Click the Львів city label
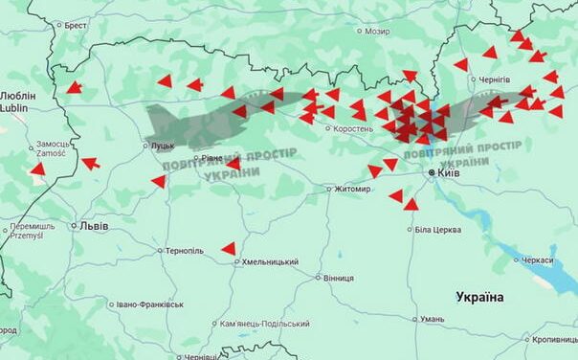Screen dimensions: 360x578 click(x=94, y=226)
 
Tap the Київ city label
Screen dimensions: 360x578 click(x=449, y=173)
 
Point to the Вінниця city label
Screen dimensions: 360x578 click(x=338, y=279)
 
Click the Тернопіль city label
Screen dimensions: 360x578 click(x=185, y=251)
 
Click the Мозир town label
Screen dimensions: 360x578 click(x=377, y=32)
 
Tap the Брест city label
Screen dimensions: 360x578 click(x=76, y=26)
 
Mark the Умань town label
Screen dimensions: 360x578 click(x=432, y=319)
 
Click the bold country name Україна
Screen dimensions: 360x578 click(x=479, y=297)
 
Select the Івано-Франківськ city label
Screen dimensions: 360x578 click(x=149, y=304)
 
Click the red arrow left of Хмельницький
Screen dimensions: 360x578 click(x=229, y=249)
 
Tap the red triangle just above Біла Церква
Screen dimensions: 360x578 click(x=411, y=204)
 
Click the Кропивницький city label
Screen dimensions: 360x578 click(x=555, y=340)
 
